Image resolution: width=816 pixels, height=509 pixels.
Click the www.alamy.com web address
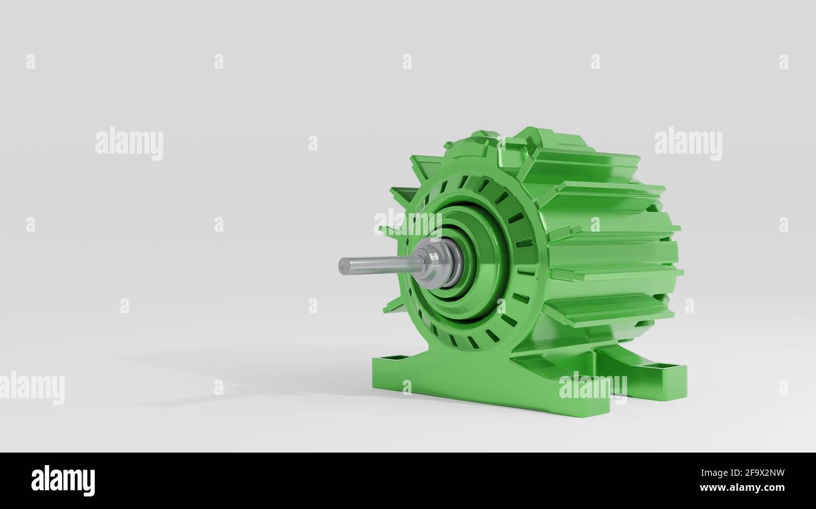742,488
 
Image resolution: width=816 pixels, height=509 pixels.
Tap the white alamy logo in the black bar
63,481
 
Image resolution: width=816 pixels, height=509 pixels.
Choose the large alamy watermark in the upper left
129,144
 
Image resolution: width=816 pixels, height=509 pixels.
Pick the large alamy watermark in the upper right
688,144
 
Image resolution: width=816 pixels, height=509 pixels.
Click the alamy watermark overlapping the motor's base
593,386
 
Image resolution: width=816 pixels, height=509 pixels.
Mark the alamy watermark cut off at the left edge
31,387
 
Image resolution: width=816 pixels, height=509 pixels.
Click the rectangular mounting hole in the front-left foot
394,358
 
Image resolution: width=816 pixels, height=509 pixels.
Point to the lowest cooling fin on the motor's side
608,310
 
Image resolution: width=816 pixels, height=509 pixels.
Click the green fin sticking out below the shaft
395,305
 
